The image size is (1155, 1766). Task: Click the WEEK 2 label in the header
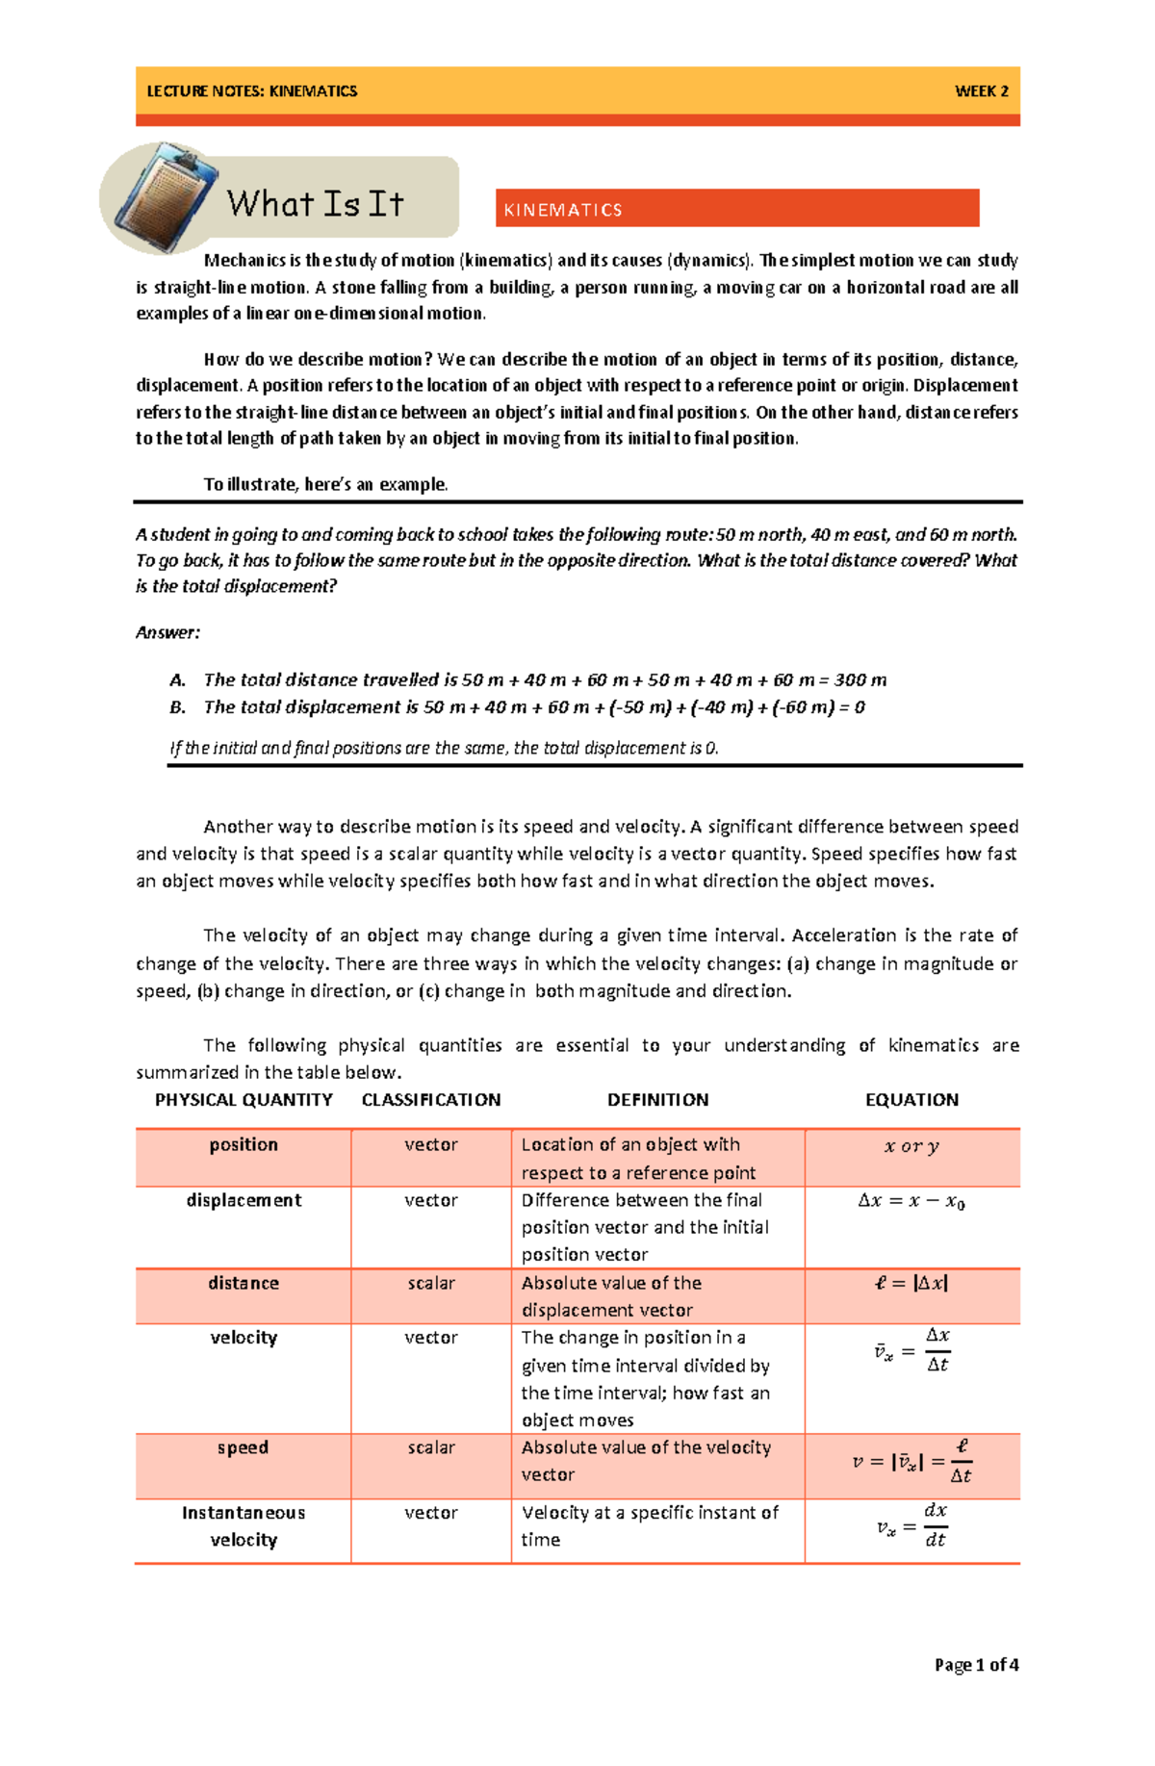click(981, 91)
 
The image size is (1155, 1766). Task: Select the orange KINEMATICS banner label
click(563, 210)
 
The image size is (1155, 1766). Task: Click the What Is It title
click(315, 204)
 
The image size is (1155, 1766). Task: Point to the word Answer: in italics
click(167, 632)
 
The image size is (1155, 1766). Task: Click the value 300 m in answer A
click(860, 679)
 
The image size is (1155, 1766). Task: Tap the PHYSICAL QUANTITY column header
click(244, 1100)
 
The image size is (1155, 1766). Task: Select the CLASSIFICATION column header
click(430, 1100)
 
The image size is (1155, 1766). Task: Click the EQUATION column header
click(911, 1100)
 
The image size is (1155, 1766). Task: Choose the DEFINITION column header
click(657, 1100)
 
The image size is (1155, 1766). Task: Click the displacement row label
click(244, 1200)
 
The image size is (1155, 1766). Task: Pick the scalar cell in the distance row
click(430, 1283)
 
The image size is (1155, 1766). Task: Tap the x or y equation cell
click(911, 1146)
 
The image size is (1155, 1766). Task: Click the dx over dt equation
click(912, 1525)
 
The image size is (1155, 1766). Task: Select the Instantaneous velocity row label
click(244, 1525)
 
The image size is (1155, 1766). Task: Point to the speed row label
click(243, 1447)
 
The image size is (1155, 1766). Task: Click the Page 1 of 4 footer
click(976, 1664)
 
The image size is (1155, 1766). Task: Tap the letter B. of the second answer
click(177, 707)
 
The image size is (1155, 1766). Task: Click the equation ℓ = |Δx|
click(911, 1283)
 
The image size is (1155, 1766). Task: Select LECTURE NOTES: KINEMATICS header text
click(251, 91)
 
